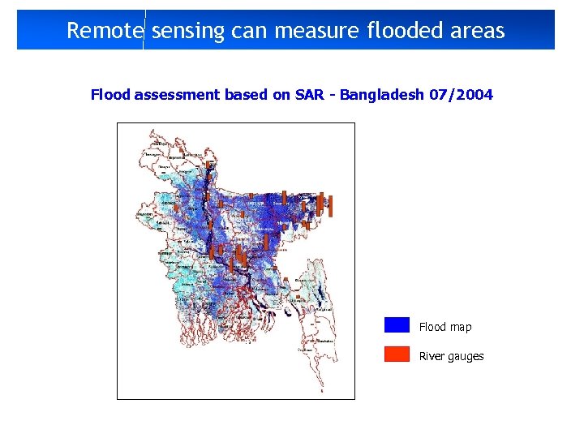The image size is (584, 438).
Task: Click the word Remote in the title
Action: [x=105, y=31]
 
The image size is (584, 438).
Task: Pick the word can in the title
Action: [x=250, y=31]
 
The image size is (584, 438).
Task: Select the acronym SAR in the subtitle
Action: [x=312, y=95]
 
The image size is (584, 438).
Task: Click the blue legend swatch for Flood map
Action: [x=397, y=325]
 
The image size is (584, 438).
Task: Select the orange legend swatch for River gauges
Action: [x=397, y=354]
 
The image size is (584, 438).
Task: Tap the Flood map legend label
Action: [x=444, y=327]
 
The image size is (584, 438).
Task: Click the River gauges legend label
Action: [x=451, y=356]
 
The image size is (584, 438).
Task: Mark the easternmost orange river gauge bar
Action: [x=331, y=207]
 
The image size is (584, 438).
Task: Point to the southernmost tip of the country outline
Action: [x=320, y=391]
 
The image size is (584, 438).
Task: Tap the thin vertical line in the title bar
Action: [x=144, y=29]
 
